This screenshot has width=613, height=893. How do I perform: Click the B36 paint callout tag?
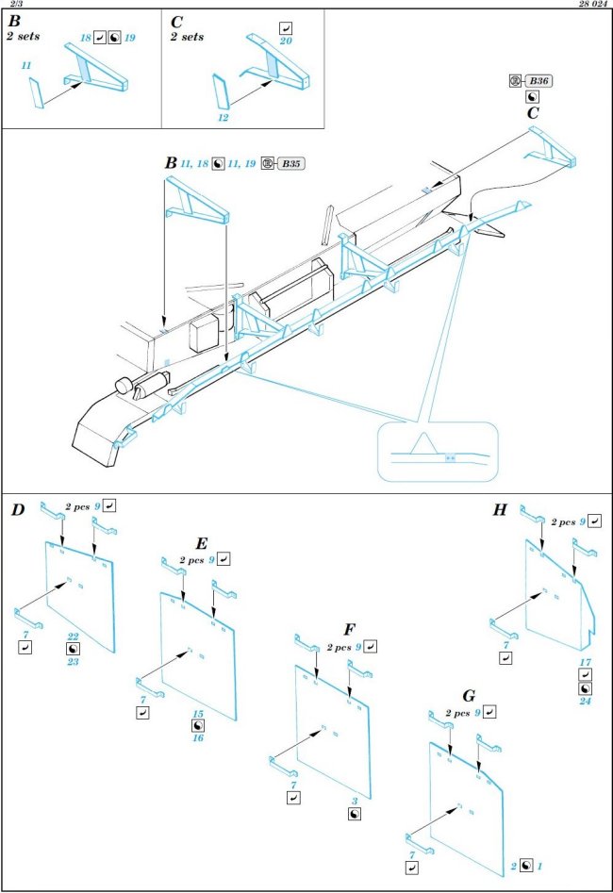click(x=538, y=81)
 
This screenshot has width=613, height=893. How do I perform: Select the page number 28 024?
click(x=589, y=5)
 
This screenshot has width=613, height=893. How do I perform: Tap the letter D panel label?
click(x=18, y=510)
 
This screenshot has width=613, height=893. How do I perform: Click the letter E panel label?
click(x=201, y=543)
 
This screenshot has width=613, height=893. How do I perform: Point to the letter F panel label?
click(x=350, y=628)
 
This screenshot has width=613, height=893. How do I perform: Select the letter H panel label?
click(x=501, y=510)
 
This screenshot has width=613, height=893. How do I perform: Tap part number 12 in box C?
click(x=224, y=119)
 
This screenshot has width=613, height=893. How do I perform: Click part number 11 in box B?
click(x=25, y=67)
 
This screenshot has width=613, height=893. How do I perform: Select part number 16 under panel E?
click(x=198, y=739)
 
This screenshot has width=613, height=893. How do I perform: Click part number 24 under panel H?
click(x=585, y=701)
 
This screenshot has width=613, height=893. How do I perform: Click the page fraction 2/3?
click(x=13, y=5)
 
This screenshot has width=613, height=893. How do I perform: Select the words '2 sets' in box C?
click(x=187, y=37)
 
